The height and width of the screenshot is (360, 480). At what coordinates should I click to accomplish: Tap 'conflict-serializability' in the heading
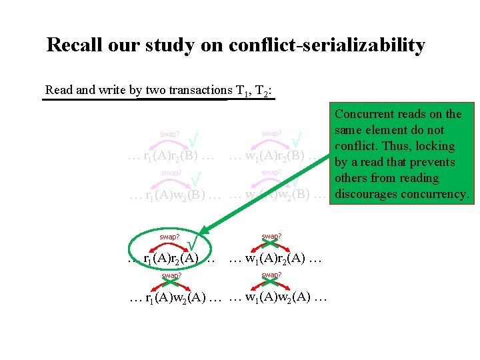tap(327, 45)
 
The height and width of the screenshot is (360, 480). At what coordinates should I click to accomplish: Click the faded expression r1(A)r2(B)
tap(170, 157)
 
